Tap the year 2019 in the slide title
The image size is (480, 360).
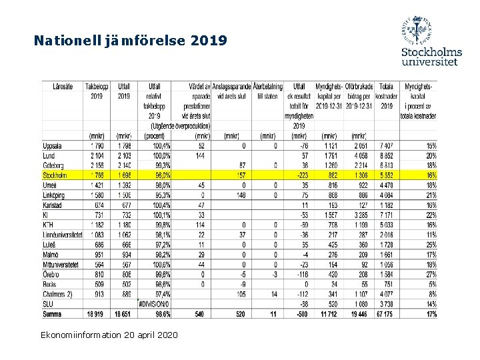coord(209,41)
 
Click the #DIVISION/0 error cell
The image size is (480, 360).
coord(155,303)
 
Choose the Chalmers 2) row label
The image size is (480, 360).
coord(59,293)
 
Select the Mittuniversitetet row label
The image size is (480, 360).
coord(62,264)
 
